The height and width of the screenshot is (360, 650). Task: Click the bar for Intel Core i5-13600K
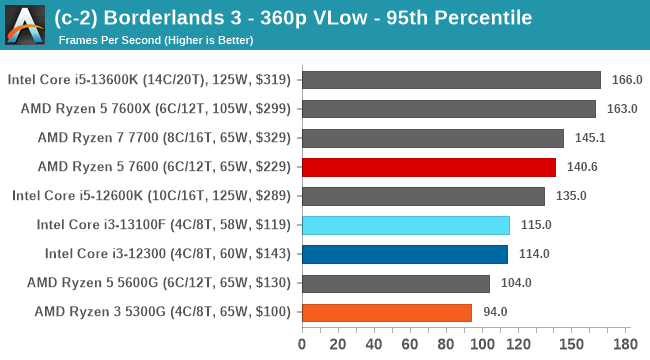tap(450, 80)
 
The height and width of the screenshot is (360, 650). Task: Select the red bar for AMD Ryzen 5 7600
tap(428, 167)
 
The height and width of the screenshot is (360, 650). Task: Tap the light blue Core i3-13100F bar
tap(405, 225)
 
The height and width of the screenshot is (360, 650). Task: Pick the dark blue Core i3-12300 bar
tap(404, 254)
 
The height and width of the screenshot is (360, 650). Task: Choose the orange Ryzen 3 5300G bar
tap(386, 312)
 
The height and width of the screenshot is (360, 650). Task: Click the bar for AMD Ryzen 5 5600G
tap(395, 283)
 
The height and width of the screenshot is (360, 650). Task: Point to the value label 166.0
tap(626, 80)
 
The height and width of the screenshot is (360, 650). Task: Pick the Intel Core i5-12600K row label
tap(151, 196)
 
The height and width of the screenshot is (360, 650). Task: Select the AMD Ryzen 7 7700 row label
tap(164, 138)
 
